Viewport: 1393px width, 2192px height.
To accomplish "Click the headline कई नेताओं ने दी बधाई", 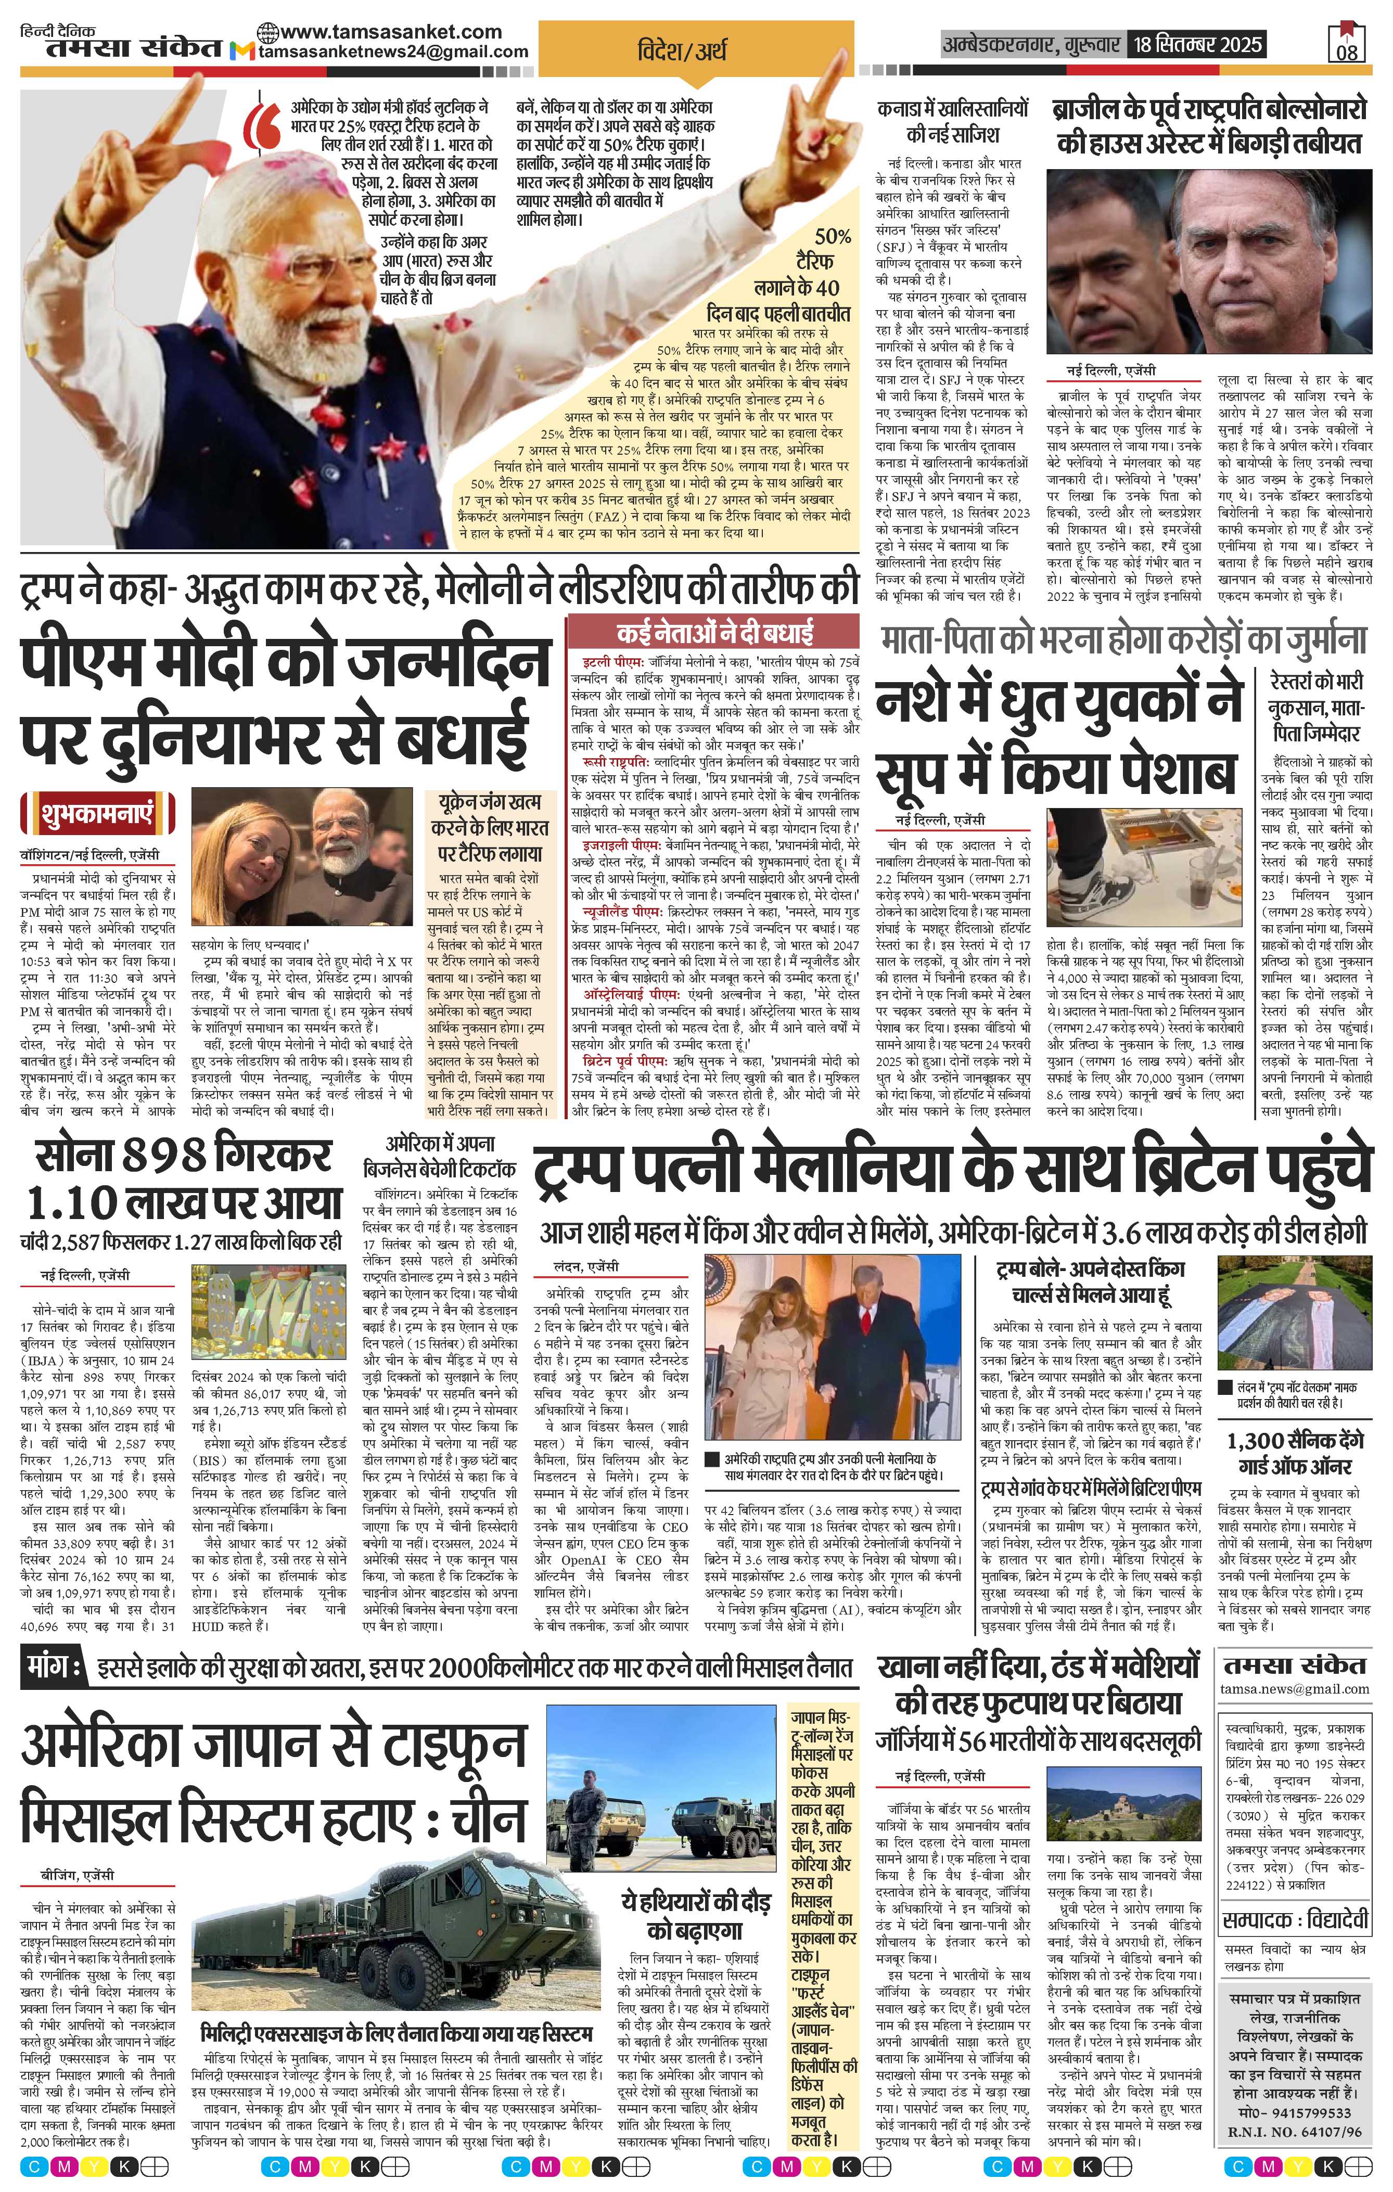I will tap(714, 633).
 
